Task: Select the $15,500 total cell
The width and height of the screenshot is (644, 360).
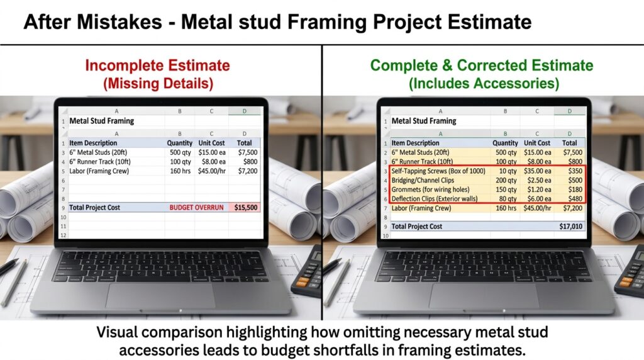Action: tap(245, 207)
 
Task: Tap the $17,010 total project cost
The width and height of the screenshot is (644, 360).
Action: tap(570, 226)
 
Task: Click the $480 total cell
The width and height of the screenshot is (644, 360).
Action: tap(573, 198)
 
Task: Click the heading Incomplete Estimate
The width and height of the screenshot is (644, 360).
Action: tap(157, 65)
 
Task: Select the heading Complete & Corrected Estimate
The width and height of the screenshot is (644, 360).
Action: tap(481, 65)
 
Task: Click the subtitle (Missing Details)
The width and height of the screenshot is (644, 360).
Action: tap(157, 82)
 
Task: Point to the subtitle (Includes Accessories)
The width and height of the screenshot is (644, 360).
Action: tap(481, 82)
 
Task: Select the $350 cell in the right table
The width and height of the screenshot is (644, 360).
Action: tap(573, 171)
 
